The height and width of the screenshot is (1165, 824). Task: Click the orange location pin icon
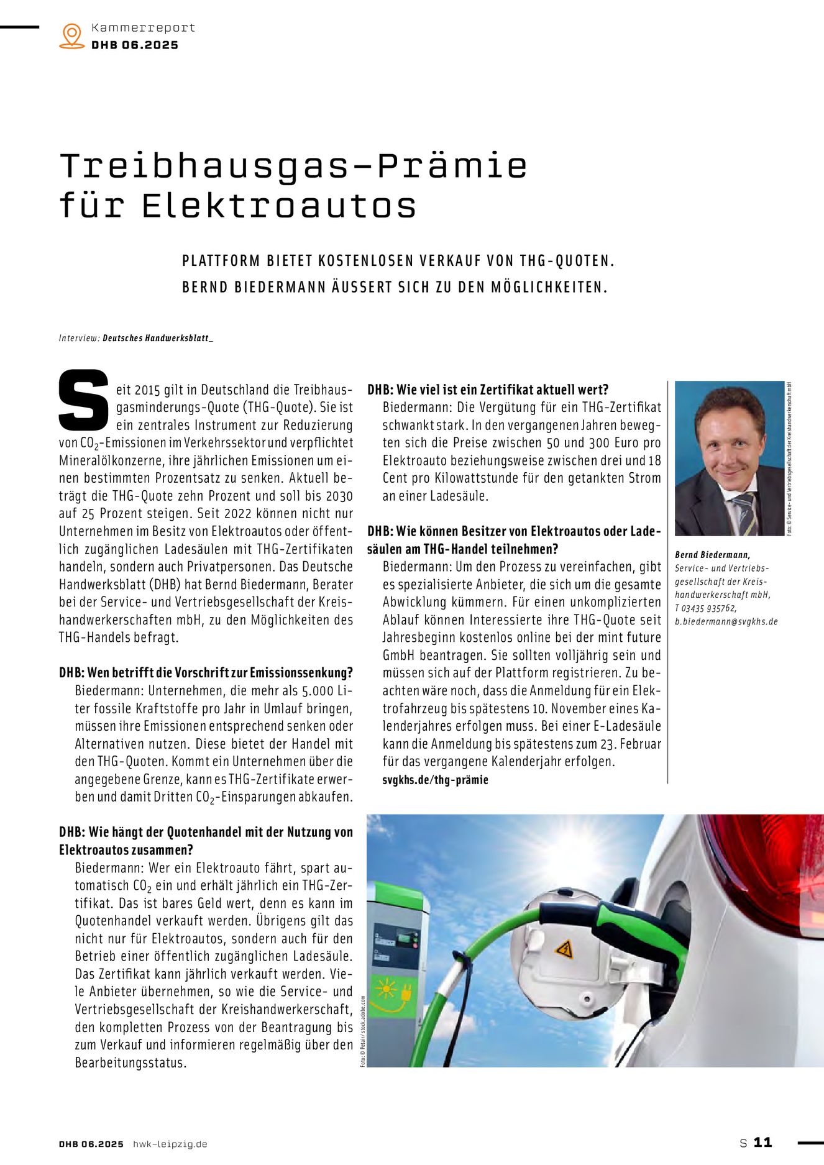[x=72, y=35]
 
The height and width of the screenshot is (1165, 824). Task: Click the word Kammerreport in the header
[x=143, y=27]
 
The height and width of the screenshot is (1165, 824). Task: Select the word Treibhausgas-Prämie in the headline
[x=293, y=166]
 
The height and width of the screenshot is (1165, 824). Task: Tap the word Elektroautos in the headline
[x=279, y=206]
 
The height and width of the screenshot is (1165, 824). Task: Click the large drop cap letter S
[x=84, y=400]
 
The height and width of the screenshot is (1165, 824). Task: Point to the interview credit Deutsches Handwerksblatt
[x=157, y=338]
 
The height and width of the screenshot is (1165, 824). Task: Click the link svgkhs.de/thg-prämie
[x=435, y=780]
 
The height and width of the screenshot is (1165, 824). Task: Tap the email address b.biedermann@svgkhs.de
[x=726, y=621]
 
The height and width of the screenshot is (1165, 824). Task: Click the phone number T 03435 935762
[x=705, y=608]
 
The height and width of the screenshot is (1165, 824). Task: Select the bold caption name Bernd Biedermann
[x=712, y=555]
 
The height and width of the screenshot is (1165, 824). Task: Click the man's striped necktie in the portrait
[x=744, y=513]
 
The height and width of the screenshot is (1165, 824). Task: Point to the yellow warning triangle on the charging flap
[x=564, y=949]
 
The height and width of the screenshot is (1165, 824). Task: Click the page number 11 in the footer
[x=762, y=1143]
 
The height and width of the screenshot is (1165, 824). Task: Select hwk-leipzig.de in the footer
[x=170, y=1144]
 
